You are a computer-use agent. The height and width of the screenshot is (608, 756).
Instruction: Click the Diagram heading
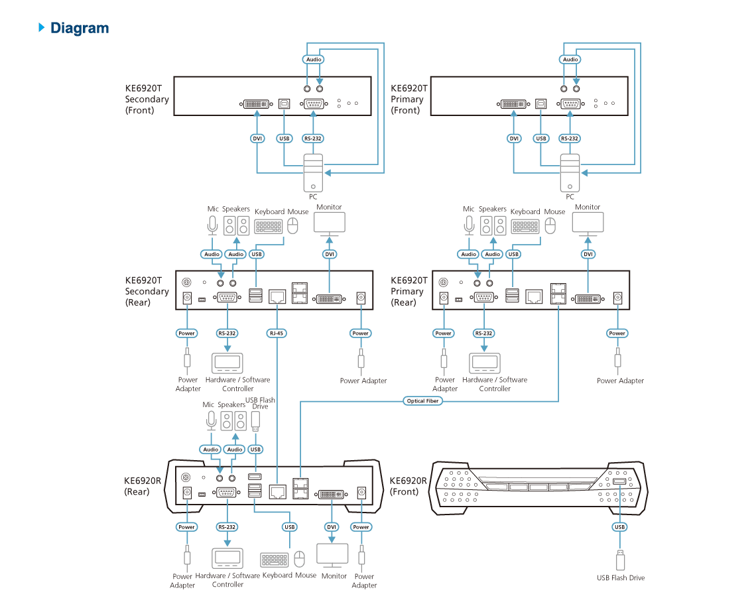pyautogui.click(x=80, y=28)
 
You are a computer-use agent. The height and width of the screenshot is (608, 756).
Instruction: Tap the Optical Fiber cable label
pyautogui.click(x=422, y=400)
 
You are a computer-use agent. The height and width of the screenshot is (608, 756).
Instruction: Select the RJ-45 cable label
pyautogui.click(x=277, y=333)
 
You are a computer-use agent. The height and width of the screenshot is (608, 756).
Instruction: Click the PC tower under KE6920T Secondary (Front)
pyautogui.click(x=313, y=173)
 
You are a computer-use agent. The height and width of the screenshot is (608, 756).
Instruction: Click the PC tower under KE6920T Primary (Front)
pyautogui.click(x=570, y=173)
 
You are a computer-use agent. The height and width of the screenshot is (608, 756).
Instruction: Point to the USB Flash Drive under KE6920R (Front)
pyautogui.click(x=621, y=560)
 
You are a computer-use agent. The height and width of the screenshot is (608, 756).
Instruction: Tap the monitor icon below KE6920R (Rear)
pyautogui.click(x=332, y=556)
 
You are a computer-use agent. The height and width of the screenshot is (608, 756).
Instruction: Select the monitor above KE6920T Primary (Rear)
pyautogui.click(x=588, y=224)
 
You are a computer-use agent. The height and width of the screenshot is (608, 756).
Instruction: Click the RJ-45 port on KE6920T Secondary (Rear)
pyautogui.click(x=277, y=296)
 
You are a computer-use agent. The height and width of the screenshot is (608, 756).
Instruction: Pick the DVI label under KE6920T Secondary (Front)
pyautogui.click(x=257, y=139)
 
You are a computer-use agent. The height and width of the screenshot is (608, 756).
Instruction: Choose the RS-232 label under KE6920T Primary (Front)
pyautogui.click(x=570, y=139)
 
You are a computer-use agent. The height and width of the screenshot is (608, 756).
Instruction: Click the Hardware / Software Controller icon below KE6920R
pyautogui.click(x=227, y=558)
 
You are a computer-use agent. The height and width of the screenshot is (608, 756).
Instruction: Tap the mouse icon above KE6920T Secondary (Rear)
pyautogui.click(x=292, y=225)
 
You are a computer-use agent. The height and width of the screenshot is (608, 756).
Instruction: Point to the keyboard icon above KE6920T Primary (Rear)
pyautogui.click(x=525, y=227)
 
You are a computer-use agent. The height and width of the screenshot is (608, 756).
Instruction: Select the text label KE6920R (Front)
pyautogui.click(x=408, y=486)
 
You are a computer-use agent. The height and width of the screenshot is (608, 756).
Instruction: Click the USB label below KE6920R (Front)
pyautogui.click(x=619, y=527)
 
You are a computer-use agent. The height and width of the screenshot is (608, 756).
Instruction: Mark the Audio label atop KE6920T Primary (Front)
pyautogui.click(x=570, y=59)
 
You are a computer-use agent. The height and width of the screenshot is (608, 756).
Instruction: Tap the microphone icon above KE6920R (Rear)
pyautogui.click(x=211, y=420)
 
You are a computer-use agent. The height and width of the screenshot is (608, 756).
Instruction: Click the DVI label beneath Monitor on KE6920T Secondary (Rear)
pyautogui.click(x=330, y=254)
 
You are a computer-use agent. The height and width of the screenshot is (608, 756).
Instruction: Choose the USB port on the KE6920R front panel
pyautogui.click(x=619, y=481)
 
